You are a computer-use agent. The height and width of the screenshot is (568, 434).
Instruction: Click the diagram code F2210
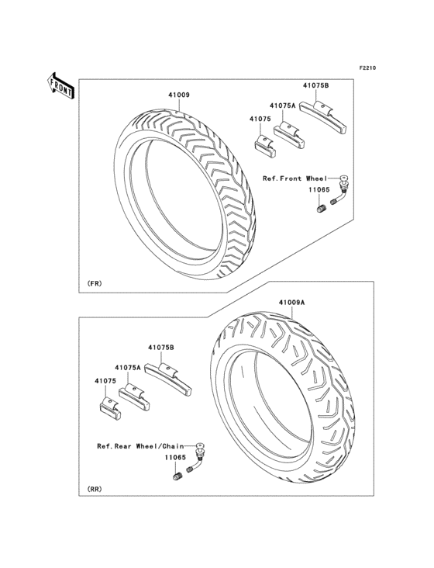tap(367, 68)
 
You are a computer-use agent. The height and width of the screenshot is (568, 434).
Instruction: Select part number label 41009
tap(178, 95)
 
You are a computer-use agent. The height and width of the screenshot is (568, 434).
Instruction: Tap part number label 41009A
tap(282, 303)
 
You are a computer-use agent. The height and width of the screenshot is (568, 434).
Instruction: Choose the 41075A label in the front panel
tap(283, 105)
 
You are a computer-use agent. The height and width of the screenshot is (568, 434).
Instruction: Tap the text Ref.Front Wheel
tap(294, 178)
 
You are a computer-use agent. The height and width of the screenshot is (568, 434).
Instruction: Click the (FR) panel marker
tap(95, 284)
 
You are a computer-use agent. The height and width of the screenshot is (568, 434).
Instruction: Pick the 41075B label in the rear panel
tap(161, 349)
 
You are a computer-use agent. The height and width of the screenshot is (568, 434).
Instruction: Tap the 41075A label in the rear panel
tap(126, 367)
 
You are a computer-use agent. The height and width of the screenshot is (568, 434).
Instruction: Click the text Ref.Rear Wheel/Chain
tap(139, 446)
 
